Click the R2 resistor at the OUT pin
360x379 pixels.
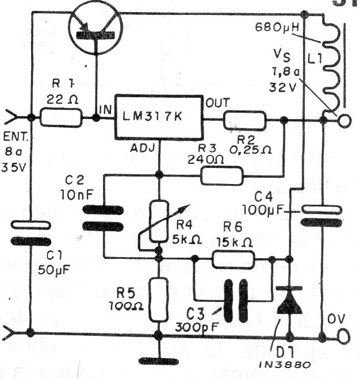(x=244, y=121)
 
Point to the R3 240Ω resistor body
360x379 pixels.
(x=221, y=175)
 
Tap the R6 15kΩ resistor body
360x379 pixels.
(x=233, y=261)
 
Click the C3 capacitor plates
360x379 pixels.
(x=235, y=299)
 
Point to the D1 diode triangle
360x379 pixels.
(x=288, y=303)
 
